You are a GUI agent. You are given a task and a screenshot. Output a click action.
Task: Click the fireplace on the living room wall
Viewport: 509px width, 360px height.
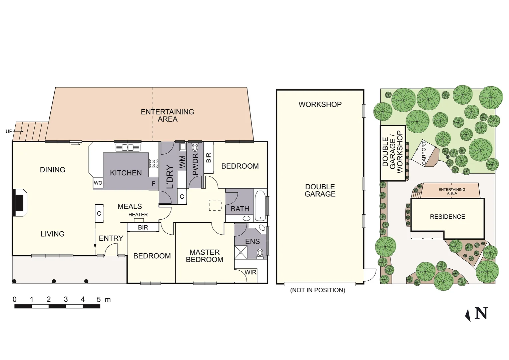pyautogui.click(x=19, y=203)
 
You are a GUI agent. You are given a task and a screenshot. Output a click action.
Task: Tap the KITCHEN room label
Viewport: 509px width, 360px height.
pyautogui.click(x=126, y=173)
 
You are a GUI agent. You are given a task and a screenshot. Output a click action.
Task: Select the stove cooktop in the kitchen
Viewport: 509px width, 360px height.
pyautogui.click(x=153, y=163)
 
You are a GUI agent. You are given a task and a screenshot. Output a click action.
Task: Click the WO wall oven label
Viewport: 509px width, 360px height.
pyautogui.click(x=98, y=183)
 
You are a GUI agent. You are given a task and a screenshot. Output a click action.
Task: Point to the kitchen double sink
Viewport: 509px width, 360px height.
pyautogui.click(x=128, y=147)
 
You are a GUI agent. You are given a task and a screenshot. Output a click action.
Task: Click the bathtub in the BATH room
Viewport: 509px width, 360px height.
pyautogui.click(x=260, y=205)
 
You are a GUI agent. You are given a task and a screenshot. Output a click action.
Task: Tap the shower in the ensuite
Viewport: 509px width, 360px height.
pyautogui.click(x=240, y=252)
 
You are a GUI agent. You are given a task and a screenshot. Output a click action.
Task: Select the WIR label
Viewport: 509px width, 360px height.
pyautogui.click(x=250, y=272)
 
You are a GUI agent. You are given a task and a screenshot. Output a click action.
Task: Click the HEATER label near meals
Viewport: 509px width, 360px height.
pyautogui.click(x=138, y=215)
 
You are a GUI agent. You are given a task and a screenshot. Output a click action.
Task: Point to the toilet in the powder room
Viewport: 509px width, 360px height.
pyautogui.click(x=195, y=148)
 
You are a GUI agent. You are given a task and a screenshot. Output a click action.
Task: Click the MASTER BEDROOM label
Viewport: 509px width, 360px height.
pyautogui.click(x=204, y=256)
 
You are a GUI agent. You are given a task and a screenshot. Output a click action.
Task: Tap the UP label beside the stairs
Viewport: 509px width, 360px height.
pyautogui.click(x=9, y=131)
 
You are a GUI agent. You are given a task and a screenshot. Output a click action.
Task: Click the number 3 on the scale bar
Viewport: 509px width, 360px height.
pyautogui.click(x=66, y=299)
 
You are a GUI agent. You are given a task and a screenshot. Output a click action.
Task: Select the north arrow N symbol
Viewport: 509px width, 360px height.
pyautogui.click(x=478, y=314)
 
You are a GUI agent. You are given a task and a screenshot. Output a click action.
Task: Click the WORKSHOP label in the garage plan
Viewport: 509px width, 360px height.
pyautogui.click(x=320, y=104)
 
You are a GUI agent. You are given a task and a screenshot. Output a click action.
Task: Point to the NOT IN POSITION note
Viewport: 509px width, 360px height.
pyautogui.click(x=318, y=290)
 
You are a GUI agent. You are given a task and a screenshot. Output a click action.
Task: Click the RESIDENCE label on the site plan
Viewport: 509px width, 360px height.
pyautogui.click(x=447, y=217)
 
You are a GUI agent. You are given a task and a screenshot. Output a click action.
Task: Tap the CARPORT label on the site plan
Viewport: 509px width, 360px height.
pyautogui.click(x=424, y=153)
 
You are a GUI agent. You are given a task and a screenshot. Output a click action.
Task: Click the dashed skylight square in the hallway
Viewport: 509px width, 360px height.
pyautogui.click(x=215, y=205)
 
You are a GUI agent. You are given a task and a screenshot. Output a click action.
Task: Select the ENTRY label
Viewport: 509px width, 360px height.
pyautogui.click(x=111, y=238)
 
